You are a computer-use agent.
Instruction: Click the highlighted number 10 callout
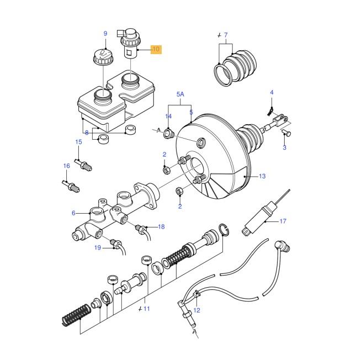156,50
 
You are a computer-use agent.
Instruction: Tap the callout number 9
105,34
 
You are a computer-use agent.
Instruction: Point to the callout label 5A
179,94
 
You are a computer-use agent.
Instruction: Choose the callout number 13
262,176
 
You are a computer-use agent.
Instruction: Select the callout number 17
283,221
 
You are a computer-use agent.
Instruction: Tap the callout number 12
196,310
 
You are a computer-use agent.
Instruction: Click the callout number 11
146,309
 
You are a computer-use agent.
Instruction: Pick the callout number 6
73,213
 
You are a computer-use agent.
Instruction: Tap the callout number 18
161,226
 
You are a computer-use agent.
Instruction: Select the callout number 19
97,248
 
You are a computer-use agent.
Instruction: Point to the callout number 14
169,117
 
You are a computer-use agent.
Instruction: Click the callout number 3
285,147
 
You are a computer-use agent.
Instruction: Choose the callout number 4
271,92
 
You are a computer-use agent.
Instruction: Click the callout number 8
86,132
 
